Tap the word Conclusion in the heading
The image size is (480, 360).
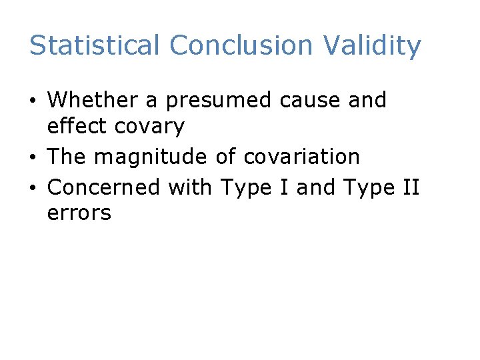point(241,46)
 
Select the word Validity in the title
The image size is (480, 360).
point(372,46)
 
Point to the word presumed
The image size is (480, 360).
point(219,101)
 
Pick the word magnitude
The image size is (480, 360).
point(151,158)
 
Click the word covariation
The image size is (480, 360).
point(302,157)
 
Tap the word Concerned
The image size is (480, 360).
point(104,187)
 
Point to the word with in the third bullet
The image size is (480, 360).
point(189,187)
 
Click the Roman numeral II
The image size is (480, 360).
point(409,187)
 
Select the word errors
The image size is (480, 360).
point(79,214)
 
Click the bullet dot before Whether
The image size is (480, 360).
point(34,101)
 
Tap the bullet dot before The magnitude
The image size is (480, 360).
point(34,158)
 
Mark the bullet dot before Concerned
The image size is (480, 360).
point(34,189)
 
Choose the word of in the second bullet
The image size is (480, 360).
point(226,157)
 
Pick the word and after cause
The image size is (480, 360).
point(366,100)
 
